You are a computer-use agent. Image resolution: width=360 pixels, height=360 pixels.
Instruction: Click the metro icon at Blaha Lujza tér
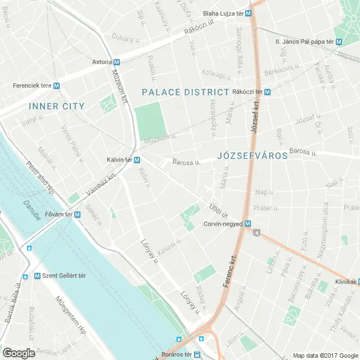[248, 13]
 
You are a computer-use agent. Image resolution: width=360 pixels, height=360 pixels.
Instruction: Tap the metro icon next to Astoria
[116, 62]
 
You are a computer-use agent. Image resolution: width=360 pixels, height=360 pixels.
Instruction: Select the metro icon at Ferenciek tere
[57, 85]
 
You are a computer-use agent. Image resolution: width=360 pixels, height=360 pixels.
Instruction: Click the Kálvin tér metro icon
[137, 160]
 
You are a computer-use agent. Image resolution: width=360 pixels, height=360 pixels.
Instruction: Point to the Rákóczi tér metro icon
[267, 92]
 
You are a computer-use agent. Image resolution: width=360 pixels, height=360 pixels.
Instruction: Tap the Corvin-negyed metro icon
[247, 223]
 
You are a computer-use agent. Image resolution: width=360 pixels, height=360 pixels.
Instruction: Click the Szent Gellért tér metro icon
[37, 276]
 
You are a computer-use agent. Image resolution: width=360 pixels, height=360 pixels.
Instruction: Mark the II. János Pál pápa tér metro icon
[339, 42]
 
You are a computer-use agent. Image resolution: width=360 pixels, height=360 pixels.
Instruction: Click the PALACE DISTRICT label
[186, 92]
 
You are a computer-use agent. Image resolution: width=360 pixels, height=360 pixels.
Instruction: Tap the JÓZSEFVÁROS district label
[252, 155]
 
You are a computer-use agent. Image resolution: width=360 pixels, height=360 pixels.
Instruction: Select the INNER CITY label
[57, 106]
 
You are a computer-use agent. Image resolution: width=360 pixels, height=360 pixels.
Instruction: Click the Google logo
[19, 353]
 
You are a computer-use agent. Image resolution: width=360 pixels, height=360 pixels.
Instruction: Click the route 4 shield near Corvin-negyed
[256, 232]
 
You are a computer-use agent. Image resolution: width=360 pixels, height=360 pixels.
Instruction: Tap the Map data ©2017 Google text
[325, 355]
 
